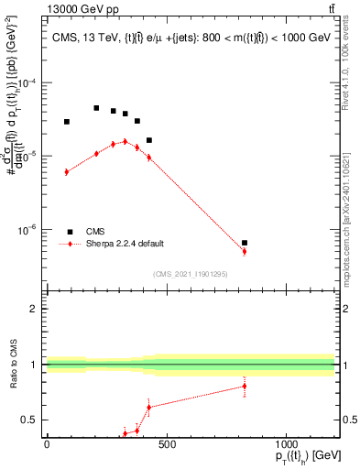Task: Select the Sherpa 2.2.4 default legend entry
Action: [125, 244]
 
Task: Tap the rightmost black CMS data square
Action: [245, 243]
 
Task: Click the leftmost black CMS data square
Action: [67, 122]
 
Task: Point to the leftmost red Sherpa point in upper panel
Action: [67, 171]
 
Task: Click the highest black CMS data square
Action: [96, 108]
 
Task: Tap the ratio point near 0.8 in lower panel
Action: [245, 386]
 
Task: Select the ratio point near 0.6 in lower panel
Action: [148, 407]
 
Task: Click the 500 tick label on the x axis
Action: [166, 445]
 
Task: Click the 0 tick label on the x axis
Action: [47, 445]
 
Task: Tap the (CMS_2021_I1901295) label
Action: [190, 274]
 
